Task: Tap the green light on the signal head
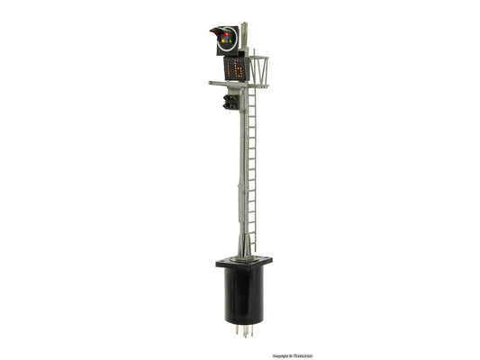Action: [x=231, y=40]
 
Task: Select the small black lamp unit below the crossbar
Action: [x=231, y=102]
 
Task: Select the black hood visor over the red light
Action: [x=217, y=32]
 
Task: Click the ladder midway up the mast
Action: [x=252, y=162]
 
